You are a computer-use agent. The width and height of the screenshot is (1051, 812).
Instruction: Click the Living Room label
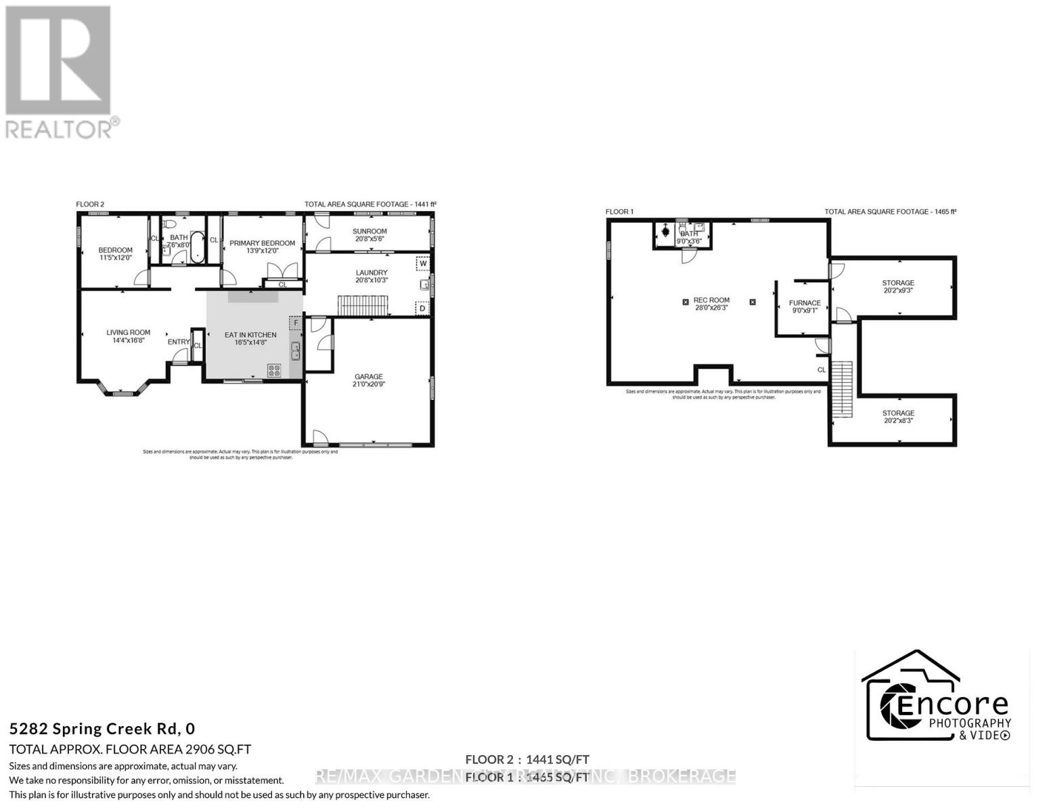128,332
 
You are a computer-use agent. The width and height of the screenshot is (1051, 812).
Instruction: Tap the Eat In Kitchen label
250,335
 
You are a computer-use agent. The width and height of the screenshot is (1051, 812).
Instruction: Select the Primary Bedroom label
262,243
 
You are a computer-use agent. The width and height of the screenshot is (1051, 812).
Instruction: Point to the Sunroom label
370,231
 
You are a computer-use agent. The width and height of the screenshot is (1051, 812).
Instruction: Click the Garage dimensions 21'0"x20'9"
369,384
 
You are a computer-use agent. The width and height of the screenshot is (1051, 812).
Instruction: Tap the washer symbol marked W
423,264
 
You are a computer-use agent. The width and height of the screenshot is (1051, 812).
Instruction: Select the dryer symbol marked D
422,308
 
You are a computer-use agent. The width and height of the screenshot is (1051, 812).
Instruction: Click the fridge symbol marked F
296,323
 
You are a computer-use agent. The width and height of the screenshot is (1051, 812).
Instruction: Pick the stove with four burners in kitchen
275,370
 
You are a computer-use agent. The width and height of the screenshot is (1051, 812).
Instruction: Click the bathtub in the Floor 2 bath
197,247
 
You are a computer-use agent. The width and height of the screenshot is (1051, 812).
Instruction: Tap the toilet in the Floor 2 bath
170,224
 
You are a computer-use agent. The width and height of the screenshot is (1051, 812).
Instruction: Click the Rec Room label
711,300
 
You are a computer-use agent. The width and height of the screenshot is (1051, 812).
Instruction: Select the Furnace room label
805,303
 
